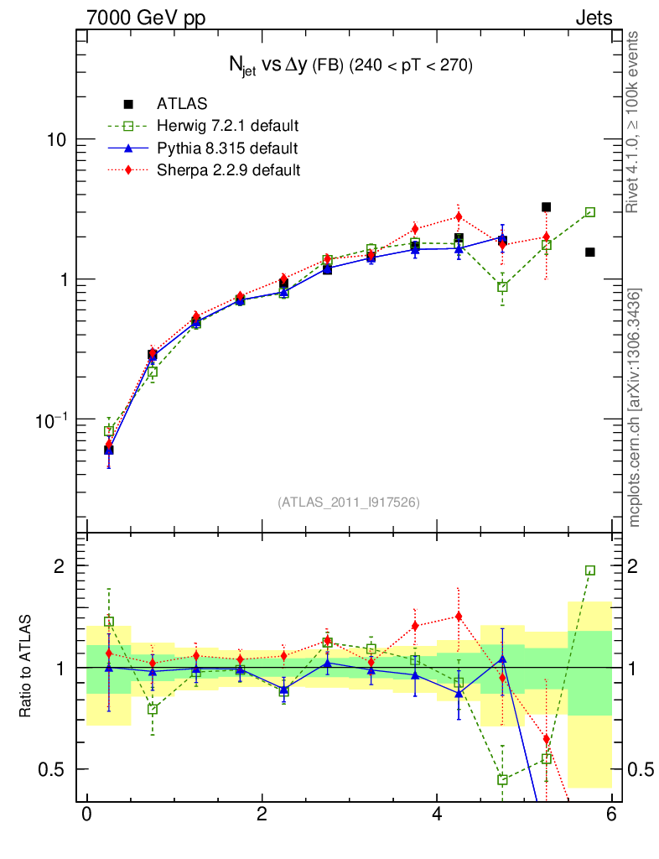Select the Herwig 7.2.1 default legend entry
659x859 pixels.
227,127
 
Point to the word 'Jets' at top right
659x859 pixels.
593,18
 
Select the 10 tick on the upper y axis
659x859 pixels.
57,139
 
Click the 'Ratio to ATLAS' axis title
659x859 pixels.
28,668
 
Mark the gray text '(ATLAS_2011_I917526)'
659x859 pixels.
349,502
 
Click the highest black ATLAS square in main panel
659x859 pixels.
546,207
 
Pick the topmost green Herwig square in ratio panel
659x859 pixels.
590,570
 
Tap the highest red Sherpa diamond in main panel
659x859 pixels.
459,216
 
